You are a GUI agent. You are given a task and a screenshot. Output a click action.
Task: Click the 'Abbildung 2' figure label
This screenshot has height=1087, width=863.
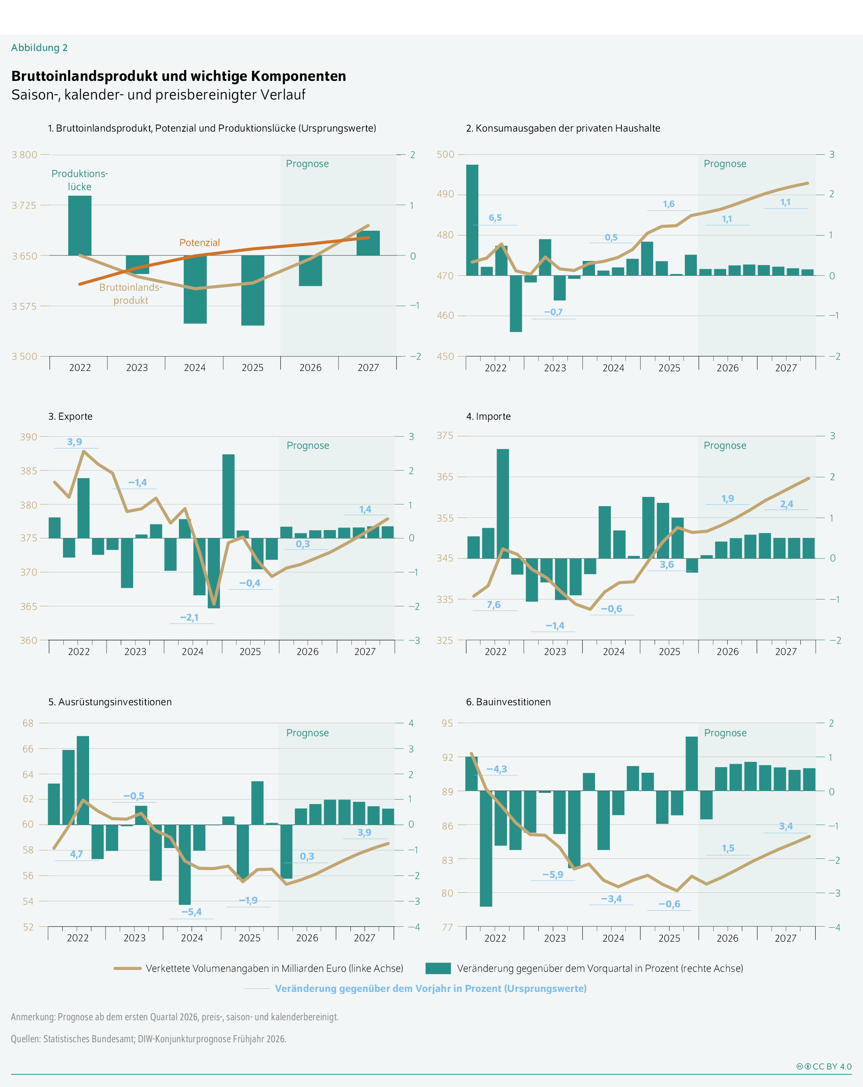[39, 48]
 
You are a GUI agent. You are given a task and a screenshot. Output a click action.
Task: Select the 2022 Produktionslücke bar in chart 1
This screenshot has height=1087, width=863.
[80, 226]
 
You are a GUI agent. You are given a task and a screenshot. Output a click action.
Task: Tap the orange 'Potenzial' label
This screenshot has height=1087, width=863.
[199, 243]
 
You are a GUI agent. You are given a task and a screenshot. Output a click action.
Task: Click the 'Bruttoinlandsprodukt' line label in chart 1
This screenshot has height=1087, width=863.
[130, 293]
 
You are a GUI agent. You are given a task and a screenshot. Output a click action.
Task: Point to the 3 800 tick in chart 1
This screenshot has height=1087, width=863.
[25, 155]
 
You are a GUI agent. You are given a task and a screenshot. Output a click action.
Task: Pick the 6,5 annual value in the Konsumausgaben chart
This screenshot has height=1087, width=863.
[495, 218]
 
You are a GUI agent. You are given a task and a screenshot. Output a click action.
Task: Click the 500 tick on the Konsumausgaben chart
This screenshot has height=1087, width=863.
[445, 154]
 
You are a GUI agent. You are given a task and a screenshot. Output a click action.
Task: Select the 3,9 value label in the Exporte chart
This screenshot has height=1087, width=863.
[75, 442]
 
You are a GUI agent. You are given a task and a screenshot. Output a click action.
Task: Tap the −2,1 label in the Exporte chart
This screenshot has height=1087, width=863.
[189, 617]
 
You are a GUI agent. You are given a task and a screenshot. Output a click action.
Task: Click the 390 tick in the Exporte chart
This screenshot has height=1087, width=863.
[29, 437]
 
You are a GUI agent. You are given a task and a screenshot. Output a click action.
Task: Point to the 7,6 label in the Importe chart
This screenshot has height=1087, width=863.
[494, 605]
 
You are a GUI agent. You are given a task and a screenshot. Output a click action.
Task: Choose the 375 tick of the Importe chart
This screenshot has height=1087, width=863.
[445, 436]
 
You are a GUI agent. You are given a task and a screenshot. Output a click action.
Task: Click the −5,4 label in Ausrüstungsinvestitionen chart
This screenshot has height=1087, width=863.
[192, 911]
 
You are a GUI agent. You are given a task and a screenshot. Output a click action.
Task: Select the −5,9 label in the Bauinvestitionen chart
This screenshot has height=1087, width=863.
[552, 874]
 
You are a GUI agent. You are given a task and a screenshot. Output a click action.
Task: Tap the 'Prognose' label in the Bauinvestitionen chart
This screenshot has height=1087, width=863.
[725, 732]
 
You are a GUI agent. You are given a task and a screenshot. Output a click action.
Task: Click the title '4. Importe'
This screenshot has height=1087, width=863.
[488, 416]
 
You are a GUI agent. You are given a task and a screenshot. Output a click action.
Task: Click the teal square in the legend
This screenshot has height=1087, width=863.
[438, 968]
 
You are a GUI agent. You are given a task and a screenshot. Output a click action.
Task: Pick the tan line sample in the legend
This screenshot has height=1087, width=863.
[127, 968]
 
